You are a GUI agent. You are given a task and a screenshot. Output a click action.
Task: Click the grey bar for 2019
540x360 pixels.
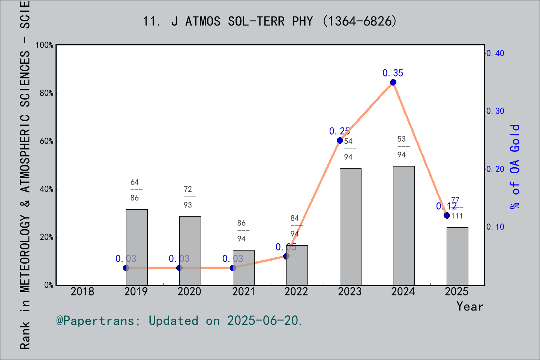coord(136,247)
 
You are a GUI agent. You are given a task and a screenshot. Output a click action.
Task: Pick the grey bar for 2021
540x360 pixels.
coord(243,268)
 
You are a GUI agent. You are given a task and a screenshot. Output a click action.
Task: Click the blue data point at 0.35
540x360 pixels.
coord(393,82)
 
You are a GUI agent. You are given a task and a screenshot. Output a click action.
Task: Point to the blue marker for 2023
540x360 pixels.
coord(340,141)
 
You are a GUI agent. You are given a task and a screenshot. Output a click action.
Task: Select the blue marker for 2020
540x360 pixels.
coord(179,268)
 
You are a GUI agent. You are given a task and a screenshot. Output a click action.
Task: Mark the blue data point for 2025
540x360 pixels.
coord(447,215)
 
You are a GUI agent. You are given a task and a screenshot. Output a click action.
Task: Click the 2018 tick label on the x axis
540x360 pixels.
coord(82,291)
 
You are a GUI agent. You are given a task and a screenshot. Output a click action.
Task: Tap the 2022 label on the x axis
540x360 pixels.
coord(296,291)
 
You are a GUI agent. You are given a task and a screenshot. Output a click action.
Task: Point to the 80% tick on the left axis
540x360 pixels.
coord(46,93)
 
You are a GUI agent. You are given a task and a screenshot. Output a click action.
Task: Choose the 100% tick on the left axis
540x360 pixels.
coord(45,45)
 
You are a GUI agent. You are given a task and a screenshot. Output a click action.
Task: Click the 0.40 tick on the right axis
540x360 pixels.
coord(495,53)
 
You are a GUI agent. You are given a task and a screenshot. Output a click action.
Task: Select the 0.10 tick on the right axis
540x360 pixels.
coord(495,227)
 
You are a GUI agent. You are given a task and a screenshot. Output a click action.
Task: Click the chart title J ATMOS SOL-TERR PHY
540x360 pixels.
coord(269,21)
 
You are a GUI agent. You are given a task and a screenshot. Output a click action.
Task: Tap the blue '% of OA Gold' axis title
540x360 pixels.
coord(515,166)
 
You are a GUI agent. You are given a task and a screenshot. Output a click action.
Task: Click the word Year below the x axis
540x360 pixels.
coord(469,306)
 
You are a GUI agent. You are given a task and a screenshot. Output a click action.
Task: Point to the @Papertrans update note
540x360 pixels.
coord(179,321)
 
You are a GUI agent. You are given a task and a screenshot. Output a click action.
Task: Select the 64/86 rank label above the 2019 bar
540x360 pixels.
coord(135,190)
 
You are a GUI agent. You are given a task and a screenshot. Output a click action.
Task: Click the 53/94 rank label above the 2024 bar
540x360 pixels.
coord(402,147)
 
